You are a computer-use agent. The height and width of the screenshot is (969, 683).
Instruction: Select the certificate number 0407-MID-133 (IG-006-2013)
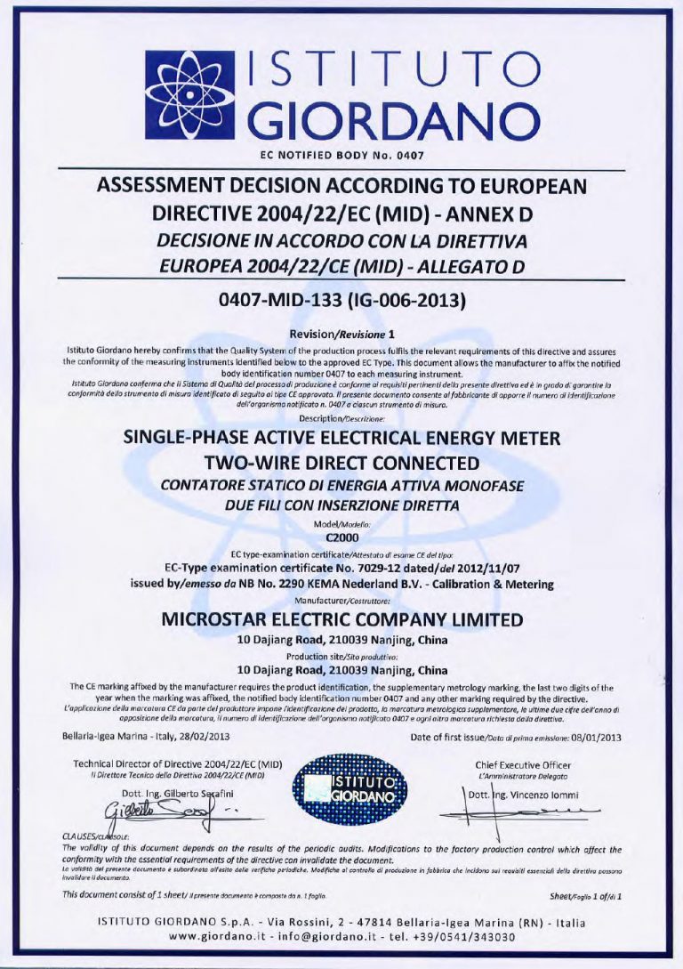tap(342, 299)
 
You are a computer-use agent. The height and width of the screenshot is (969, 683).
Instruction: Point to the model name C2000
tap(341, 537)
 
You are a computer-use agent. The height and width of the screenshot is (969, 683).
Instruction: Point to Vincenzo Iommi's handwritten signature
tap(534, 812)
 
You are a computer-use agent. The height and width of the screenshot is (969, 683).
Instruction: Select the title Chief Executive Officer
tap(523, 764)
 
